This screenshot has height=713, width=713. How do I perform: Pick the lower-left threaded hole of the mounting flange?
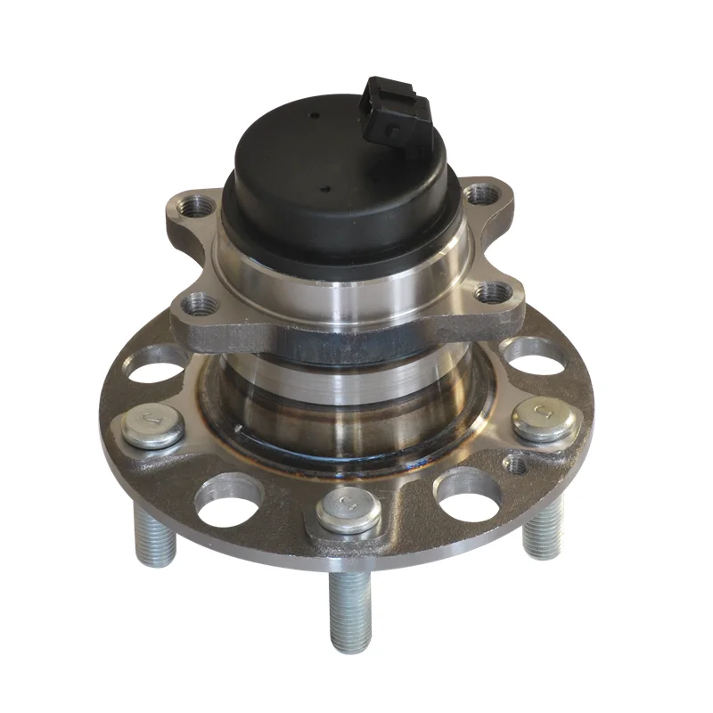[204, 304]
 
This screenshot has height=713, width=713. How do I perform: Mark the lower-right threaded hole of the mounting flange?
[490, 291]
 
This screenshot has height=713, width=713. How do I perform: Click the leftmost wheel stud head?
[152, 427]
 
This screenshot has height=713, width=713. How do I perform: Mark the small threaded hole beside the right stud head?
[516, 463]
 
